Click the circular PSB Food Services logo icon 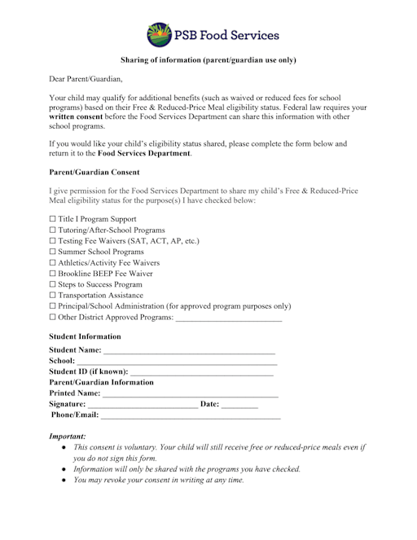(159, 35)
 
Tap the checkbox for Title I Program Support (53, 220)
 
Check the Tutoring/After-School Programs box (53, 230)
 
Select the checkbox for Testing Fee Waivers (53, 242)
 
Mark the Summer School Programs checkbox (53, 252)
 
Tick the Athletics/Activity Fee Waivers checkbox (53, 263)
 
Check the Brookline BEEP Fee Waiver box (53, 274)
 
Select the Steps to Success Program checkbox (53, 285)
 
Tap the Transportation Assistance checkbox (53, 296)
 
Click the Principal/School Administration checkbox (53, 306)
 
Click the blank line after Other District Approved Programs (229, 318)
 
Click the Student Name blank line (189, 351)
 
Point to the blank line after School (176, 362)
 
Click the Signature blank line (143, 405)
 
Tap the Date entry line (239, 405)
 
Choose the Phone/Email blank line (191, 415)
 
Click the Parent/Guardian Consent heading (94, 173)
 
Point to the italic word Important (68, 437)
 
